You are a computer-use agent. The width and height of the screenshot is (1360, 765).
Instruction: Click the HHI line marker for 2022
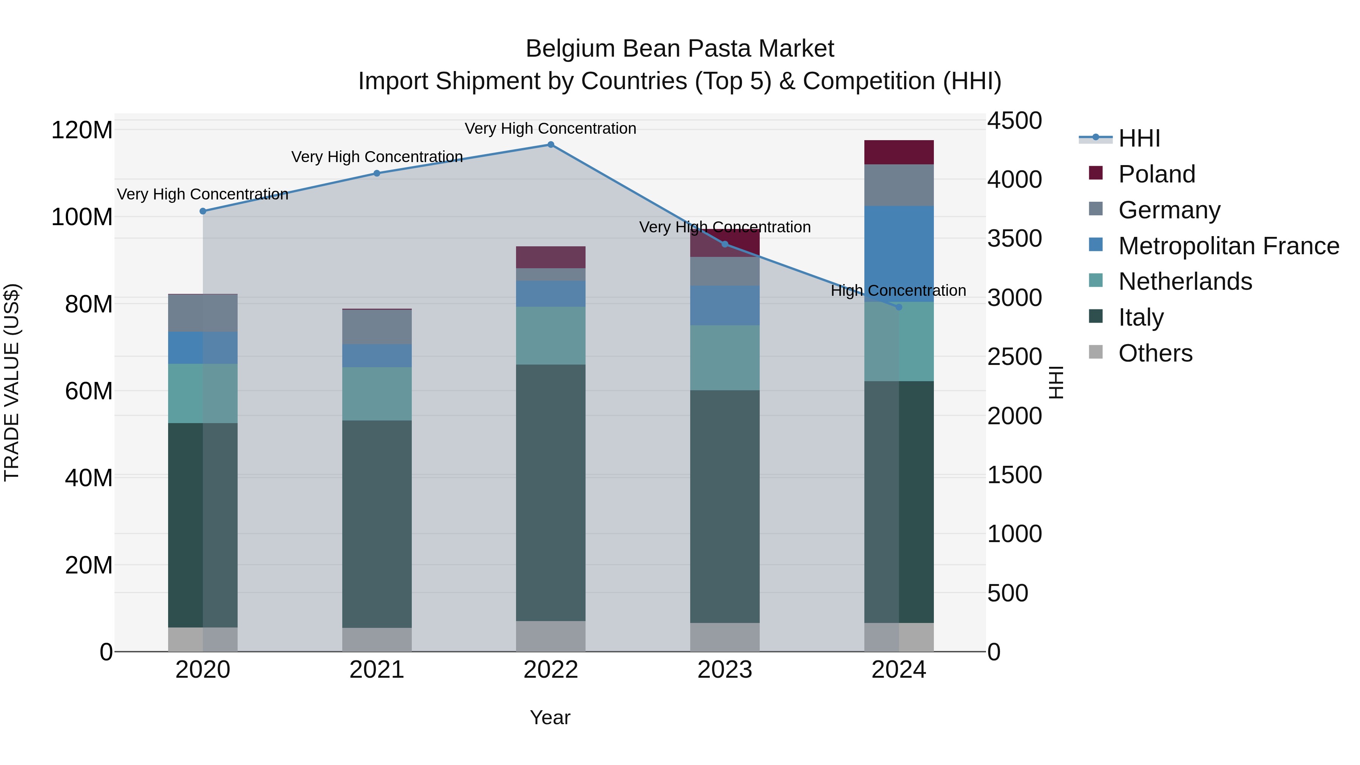(551, 145)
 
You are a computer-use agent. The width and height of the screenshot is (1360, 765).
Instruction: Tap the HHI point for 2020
(203, 211)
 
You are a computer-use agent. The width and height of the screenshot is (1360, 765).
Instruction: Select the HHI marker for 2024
(899, 307)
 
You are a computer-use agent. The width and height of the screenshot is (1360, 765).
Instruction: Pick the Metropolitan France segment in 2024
(899, 254)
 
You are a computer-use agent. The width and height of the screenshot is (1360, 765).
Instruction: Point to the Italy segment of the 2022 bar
(551, 493)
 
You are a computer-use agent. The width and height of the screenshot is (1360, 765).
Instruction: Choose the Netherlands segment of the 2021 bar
(377, 394)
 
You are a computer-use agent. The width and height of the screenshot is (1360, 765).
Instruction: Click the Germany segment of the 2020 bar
(203, 313)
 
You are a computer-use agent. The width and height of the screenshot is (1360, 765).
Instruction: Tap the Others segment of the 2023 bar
(725, 637)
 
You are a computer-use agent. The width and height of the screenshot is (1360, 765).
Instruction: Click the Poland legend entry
(1157, 174)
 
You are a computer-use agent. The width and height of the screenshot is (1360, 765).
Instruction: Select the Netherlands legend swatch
(1096, 281)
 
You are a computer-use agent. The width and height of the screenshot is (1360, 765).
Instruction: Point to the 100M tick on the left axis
(82, 217)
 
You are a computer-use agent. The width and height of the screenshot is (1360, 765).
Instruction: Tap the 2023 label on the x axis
(725, 670)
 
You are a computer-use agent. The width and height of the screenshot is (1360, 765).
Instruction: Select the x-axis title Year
(550, 717)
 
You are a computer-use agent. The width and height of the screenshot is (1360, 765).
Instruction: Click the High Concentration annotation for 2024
(899, 291)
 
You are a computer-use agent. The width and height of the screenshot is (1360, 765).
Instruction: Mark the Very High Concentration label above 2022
(551, 128)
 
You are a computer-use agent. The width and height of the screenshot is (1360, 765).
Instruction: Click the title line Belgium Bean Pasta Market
(680, 49)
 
